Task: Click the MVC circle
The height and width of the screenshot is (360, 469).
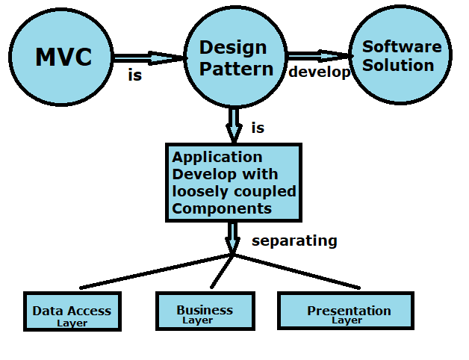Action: click(63, 58)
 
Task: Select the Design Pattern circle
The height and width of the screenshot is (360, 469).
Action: click(233, 58)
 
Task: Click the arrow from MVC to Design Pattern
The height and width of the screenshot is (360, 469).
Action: click(149, 58)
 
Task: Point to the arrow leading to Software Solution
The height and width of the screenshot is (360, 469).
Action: click(320, 55)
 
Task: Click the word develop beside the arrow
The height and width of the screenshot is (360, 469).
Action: click(319, 72)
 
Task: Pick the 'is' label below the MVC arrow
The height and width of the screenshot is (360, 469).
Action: click(134, 75)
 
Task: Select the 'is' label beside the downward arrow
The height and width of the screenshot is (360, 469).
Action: click(258, 128)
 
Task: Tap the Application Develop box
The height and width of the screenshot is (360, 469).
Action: click(233, 183)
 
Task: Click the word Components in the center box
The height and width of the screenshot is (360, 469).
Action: click(222, 208)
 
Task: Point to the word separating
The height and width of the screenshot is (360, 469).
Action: click(294, 241)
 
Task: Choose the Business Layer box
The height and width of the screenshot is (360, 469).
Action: click(204, 310)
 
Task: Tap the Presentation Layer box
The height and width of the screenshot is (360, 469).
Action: click(345, 310)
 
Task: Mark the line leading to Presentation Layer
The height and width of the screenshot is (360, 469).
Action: click(299, 272)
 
